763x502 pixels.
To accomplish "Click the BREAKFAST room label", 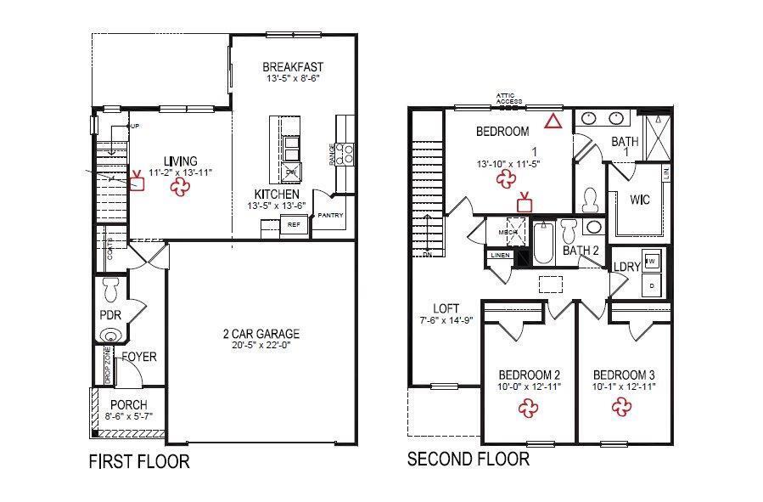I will click(x=293, y=67).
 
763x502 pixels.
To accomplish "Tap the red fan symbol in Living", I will click(x=180, y=188).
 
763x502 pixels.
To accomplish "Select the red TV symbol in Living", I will click(x=137, y=182).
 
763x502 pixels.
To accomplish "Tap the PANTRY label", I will click(x=331, y=216).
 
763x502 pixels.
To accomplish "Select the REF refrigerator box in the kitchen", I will click(x=294, y=225).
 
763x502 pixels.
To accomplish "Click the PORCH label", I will click(x=128, y=404).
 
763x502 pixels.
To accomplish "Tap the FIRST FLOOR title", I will click(x=139, y=462).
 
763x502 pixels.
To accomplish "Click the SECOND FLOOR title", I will click(x=468, y=460).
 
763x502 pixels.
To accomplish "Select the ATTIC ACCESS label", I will click(x=510, y=99).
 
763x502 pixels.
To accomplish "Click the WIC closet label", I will click(x=640, y=201).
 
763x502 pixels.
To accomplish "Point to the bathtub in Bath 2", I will click(x=543, y=245).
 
